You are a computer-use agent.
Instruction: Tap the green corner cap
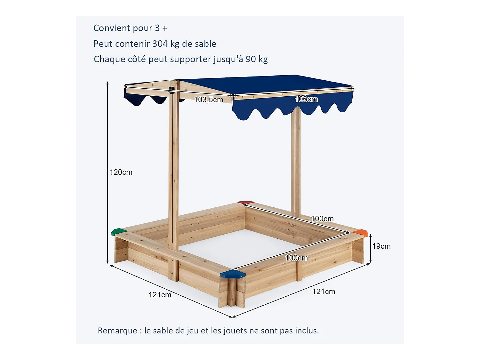pyautogui.click(x=119, y=232)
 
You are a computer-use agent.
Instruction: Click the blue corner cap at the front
pyautogui.click(x=233, y=274)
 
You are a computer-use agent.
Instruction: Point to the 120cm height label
pyautogui.click(x=121, y=172)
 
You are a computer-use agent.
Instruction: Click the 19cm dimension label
pyautogui.click(x=381, y=246)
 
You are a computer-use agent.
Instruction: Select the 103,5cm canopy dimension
pyautogui.click(x=208, y=100)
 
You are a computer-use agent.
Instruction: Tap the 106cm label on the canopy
pyautogui.click(x=306, y=99)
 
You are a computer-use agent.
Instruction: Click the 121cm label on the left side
pyautogui.click(x=160, y=295)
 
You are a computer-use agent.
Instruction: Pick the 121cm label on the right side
pyautogui.click(x=324, y=292)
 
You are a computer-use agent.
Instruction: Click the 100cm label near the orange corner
pyautogui.click(x=322, y=219)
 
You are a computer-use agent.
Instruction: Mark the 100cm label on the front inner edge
pyautogui.click(x=296, y=258)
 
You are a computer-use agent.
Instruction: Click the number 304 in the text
pyautogui.click(x=160, y=44)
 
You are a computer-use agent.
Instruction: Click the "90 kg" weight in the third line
pyautogui.click(x=257, y=59)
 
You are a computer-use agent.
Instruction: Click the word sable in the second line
pyautogui.click(x=205, y=44)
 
